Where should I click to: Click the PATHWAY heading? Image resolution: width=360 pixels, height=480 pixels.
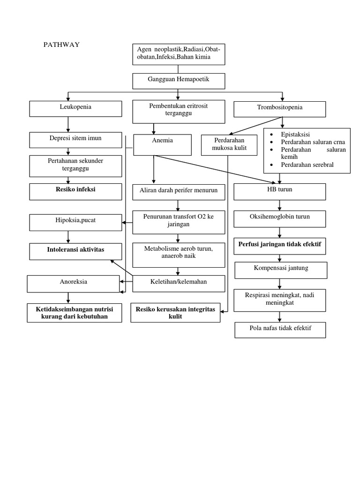tap(61, 45)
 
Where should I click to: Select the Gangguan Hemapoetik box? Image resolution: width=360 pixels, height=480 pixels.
tap(179, 81)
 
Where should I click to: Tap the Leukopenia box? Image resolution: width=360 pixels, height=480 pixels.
tap(68, 108)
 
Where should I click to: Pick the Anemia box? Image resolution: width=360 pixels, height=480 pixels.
tap(163, 144)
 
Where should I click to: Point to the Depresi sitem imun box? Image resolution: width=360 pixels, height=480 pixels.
tap(68, 140)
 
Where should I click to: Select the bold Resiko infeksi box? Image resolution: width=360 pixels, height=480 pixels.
tap(68, 191)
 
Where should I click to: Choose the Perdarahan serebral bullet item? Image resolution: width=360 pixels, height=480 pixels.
tap(307, 165)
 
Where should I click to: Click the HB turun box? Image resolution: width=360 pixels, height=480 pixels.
tap(280, 191)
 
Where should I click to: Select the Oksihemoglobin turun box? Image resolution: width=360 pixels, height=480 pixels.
tap(280, 218)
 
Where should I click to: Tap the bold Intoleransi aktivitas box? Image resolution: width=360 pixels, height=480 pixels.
tap(75, 251)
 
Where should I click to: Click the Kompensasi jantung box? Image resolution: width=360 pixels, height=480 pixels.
tap(280, 270)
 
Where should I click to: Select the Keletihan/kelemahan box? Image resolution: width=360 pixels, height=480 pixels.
tap(179, 283)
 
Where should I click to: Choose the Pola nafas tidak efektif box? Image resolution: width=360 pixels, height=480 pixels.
tap(280, 330)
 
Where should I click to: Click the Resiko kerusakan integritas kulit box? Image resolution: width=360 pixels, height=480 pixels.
tap(175, 314)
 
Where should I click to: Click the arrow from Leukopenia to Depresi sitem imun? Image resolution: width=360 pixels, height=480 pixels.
tap(68, 124)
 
